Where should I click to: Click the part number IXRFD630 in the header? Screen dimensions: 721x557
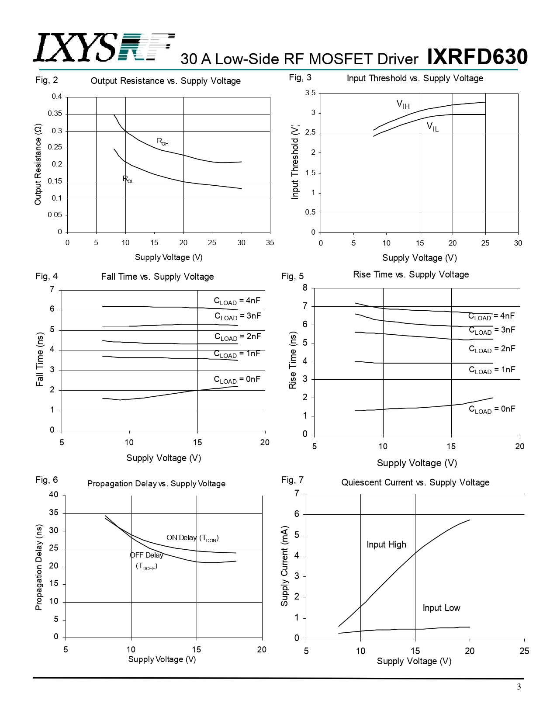[477, 57]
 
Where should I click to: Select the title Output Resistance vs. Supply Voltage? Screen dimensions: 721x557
[166, 81]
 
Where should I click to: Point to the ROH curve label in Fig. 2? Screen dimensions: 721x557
[163, 142]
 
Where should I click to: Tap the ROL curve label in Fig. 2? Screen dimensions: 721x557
[128, 179]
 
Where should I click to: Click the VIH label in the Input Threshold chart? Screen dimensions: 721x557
[403, 104]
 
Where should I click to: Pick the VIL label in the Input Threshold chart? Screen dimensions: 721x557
[432, 127]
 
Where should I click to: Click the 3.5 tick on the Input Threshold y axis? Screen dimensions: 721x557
[310, 93]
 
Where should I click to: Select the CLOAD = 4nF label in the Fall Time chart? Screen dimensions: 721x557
[237, 301]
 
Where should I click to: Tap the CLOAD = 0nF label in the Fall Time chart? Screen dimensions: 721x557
[237, 379]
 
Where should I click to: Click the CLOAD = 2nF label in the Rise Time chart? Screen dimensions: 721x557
[492, 349]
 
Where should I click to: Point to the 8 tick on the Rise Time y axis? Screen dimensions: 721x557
[305, 288]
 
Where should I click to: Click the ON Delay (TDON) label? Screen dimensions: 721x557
[192, 538]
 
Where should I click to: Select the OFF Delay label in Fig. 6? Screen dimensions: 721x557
[146, 555]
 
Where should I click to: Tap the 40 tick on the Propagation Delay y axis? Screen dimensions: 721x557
[53, 495]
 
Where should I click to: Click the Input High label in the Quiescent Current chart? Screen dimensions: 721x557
[386, 544]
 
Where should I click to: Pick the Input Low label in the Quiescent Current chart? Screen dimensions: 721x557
[441, 608]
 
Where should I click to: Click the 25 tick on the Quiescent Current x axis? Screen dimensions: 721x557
[524, 651]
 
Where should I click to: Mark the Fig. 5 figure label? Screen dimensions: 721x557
[292, 276]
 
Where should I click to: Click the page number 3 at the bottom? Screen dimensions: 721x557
[519, 686]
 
